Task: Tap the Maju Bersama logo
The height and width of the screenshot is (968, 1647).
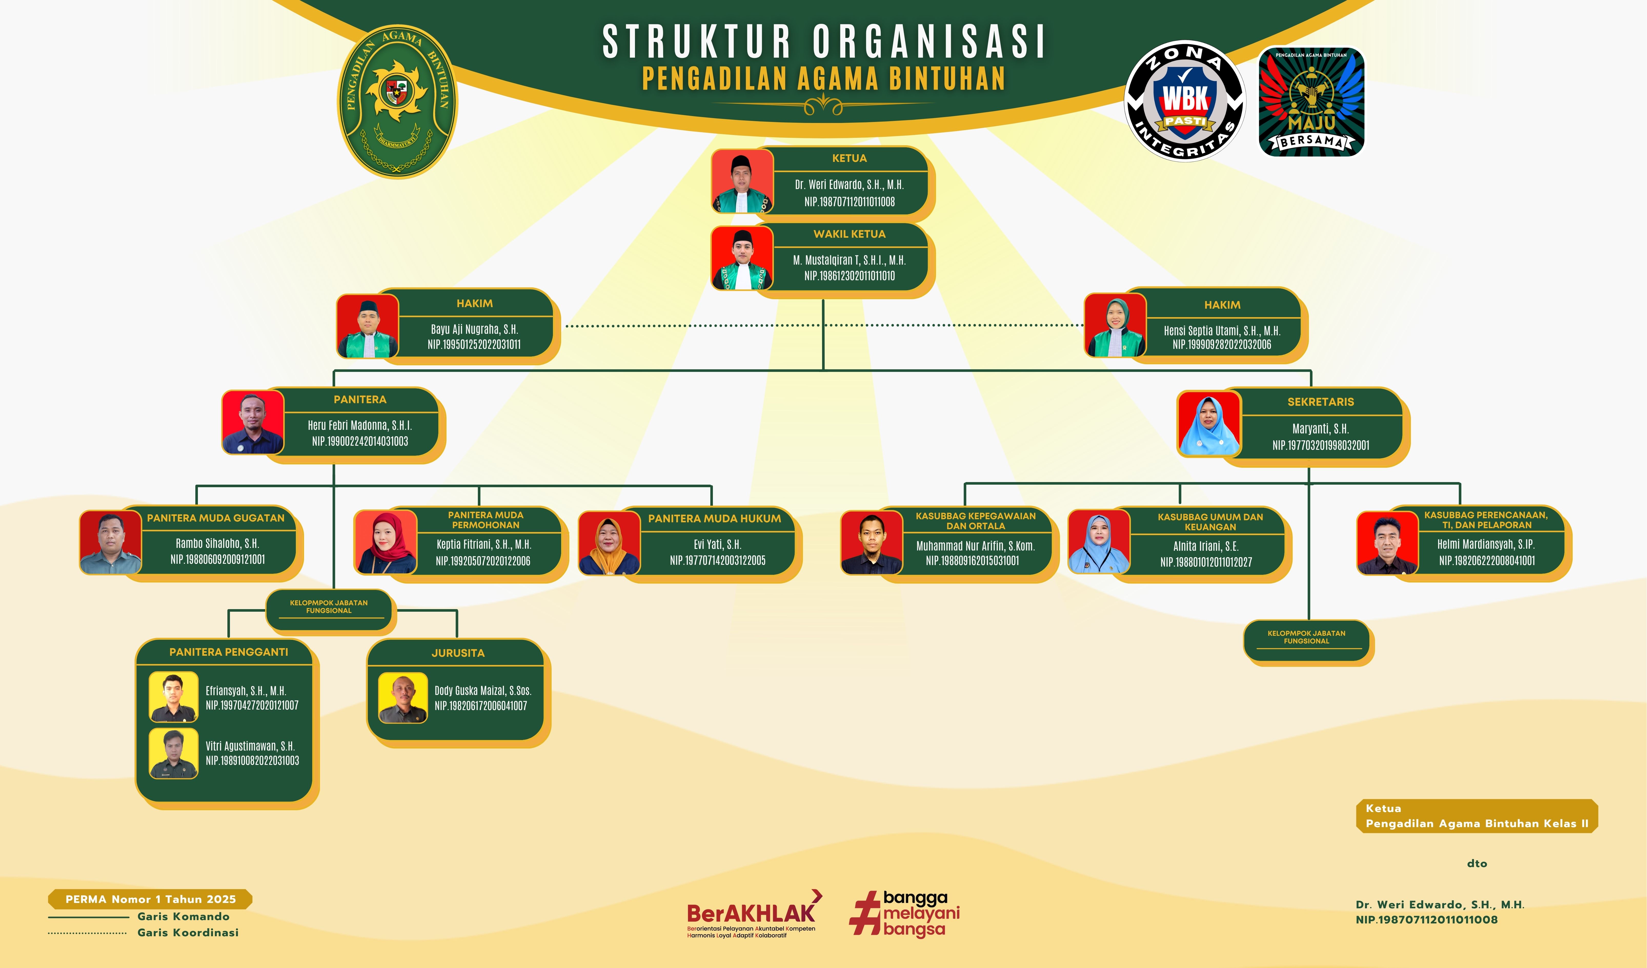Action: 1311,101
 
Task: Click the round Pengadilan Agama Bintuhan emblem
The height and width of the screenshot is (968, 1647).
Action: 397,101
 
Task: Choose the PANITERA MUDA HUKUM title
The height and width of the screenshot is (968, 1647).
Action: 714,519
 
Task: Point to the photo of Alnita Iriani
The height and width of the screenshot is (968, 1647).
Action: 1099,542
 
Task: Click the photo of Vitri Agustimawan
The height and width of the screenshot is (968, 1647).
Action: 173,753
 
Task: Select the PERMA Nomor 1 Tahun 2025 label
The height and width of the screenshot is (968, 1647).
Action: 150,899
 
